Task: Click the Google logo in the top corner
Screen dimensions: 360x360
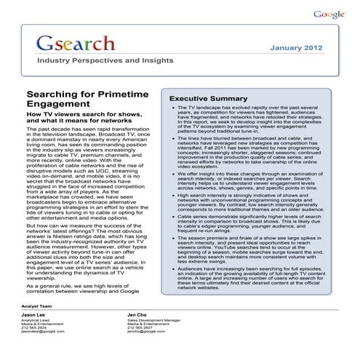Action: pyautogui.click(x=330, y=14)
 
